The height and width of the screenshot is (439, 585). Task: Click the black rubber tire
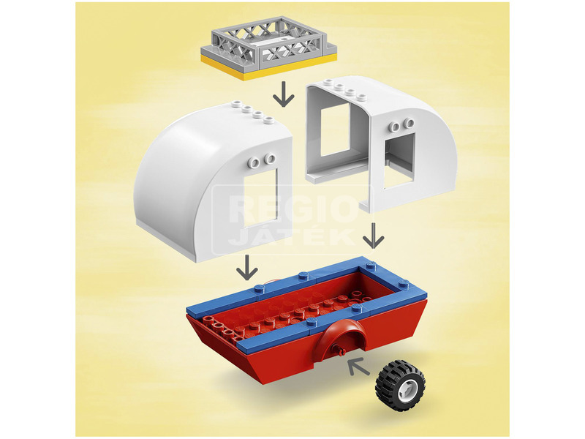tap(400, 385)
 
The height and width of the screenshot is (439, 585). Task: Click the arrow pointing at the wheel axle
tap(358, 366)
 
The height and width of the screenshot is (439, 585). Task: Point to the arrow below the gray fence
tap(284, 94)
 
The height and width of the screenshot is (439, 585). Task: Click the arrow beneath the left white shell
tap(247, 267)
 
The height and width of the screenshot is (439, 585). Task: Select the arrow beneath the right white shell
tap(373, 235)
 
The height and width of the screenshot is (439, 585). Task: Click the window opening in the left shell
tap(261, 197)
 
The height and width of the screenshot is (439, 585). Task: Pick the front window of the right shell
tap(399, 160)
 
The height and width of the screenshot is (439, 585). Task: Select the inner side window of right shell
tap(335, 130)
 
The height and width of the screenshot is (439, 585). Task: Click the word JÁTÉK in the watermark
tap(291, 237)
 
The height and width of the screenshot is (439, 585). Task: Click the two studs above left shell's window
tap(263, 160)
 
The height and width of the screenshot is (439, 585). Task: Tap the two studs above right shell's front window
tap(401, 125)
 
